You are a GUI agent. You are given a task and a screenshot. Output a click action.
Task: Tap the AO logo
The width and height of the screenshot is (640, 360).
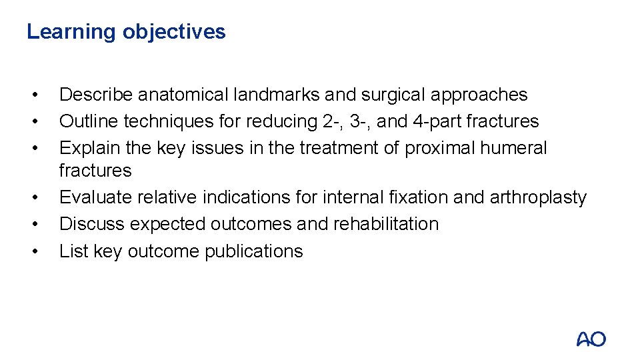click(x=591, y=339)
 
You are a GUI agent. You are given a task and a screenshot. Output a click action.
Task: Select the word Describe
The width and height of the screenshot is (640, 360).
click(x=95, y=95)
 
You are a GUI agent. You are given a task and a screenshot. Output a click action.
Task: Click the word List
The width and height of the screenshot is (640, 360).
click(x=69, y=251)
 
